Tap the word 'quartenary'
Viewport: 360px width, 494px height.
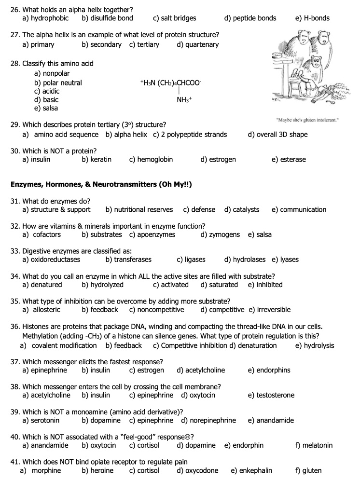[x=202, y=45]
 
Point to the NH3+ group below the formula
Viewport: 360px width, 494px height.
[x=184, y=100]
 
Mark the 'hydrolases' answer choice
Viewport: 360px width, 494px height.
[x=249, y=260]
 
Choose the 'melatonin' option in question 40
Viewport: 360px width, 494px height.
[x=318, y=446]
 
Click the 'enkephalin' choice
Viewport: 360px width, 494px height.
[x=255, y=471]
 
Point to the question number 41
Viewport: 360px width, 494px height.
[x=15, y=462]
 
